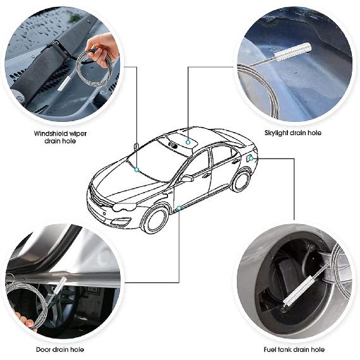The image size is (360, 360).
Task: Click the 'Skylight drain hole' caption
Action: point(292,133)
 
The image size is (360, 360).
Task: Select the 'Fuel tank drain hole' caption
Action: point(294,349)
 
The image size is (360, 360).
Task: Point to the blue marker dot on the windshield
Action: point(136,169)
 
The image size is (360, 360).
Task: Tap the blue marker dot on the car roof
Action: point(187,141)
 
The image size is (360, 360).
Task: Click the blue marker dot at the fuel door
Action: point(251,157)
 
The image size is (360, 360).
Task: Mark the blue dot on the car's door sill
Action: point(180,207)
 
